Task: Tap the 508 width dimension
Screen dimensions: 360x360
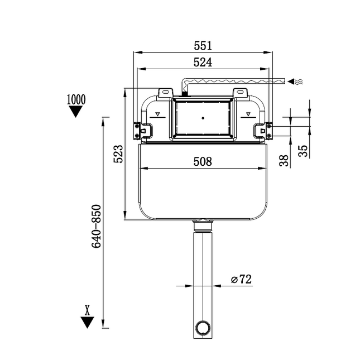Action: tap(203, 161)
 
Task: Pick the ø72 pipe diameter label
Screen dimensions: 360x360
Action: tap(241, 280)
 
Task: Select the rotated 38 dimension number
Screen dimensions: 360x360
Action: tap(284, 161)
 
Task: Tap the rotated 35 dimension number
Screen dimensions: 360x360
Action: tap(303, 151)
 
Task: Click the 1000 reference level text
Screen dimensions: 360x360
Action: tap(76, 99)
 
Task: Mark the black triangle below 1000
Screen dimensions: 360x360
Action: tap(76, 111)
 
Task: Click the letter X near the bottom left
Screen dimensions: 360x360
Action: tap(87, 309)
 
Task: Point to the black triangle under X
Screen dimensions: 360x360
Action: tap(87, 322)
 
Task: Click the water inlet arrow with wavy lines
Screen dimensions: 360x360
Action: tap(296, 82)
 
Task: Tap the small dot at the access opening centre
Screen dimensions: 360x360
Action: tap(203, 118)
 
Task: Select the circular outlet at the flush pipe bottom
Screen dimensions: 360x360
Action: tap(203, 327)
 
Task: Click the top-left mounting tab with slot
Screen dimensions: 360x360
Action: tap(165, 92)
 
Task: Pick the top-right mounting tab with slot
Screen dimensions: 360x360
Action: tap(240, 92)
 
